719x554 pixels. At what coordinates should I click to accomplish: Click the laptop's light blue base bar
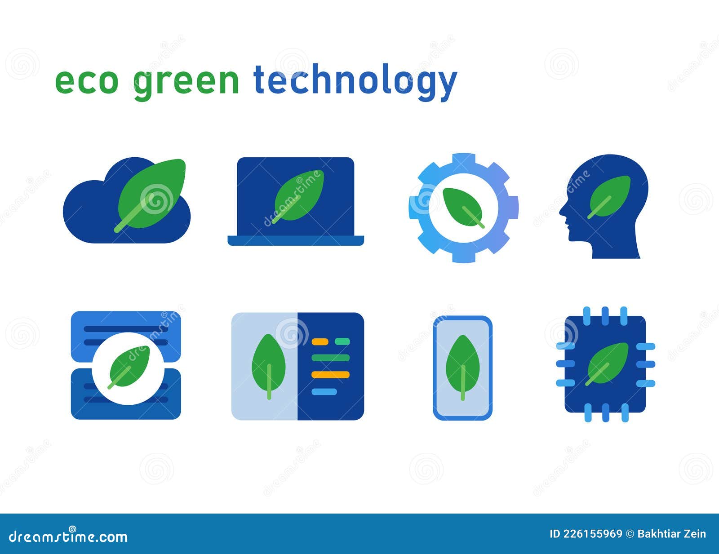(296, 241)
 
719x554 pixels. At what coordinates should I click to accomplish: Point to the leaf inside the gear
(463, 207)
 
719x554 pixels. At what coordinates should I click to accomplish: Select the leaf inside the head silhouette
(610, 196)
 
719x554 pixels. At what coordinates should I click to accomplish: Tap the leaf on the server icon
(129, 367)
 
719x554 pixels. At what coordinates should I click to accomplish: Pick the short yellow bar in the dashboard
(320, 341)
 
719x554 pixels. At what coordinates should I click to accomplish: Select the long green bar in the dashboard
(330, 358)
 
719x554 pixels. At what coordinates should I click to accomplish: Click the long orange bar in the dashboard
(330, 374)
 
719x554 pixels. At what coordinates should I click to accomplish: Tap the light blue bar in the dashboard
(324, 391)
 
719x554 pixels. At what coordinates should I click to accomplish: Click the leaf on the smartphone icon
(462, 367)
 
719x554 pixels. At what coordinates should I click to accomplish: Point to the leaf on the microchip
(608, 363)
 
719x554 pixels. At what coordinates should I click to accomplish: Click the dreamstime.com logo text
(68, 536)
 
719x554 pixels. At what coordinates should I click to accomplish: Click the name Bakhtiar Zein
(672, 534)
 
